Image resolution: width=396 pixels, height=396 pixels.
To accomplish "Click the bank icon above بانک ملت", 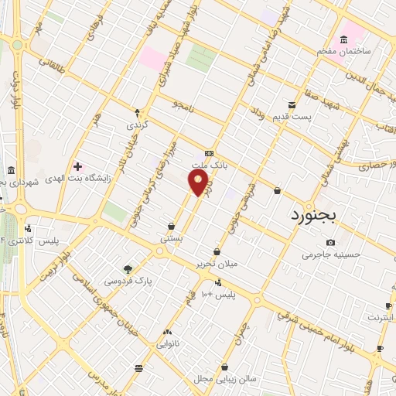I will pos(209,153).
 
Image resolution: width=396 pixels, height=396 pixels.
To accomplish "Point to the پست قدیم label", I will pos(291,117).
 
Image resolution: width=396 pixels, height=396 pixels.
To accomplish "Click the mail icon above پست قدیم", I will pos(292,104).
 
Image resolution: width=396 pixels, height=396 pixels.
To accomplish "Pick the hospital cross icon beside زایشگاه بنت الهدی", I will pos(77,166).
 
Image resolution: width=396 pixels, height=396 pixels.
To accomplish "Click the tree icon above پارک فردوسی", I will pos(128,269).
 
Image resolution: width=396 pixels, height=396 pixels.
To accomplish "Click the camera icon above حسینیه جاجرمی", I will pos(331,242).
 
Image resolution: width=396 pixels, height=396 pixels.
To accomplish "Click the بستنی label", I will pos(171,239).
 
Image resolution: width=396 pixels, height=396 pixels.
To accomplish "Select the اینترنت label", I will pos(380,317).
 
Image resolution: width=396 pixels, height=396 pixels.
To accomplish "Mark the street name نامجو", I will pos(189,107).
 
